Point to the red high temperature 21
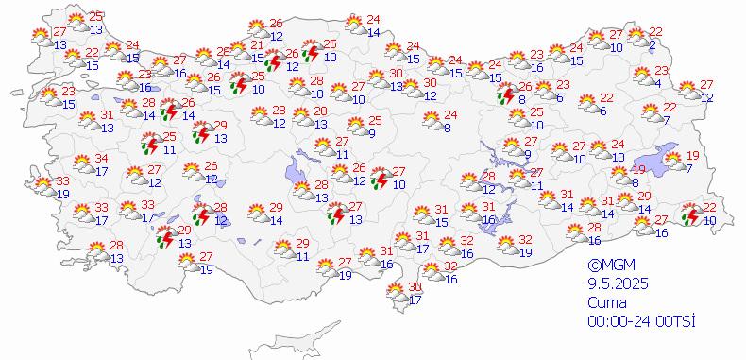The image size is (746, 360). click(x=257, y=45)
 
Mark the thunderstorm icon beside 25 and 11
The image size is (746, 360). click(x=148, y=144)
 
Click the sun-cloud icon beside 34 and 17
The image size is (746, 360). click(x=81, y=164)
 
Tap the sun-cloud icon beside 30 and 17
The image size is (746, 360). click(x=392, y=294)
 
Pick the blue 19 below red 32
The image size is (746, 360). click(x=525, y=252)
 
